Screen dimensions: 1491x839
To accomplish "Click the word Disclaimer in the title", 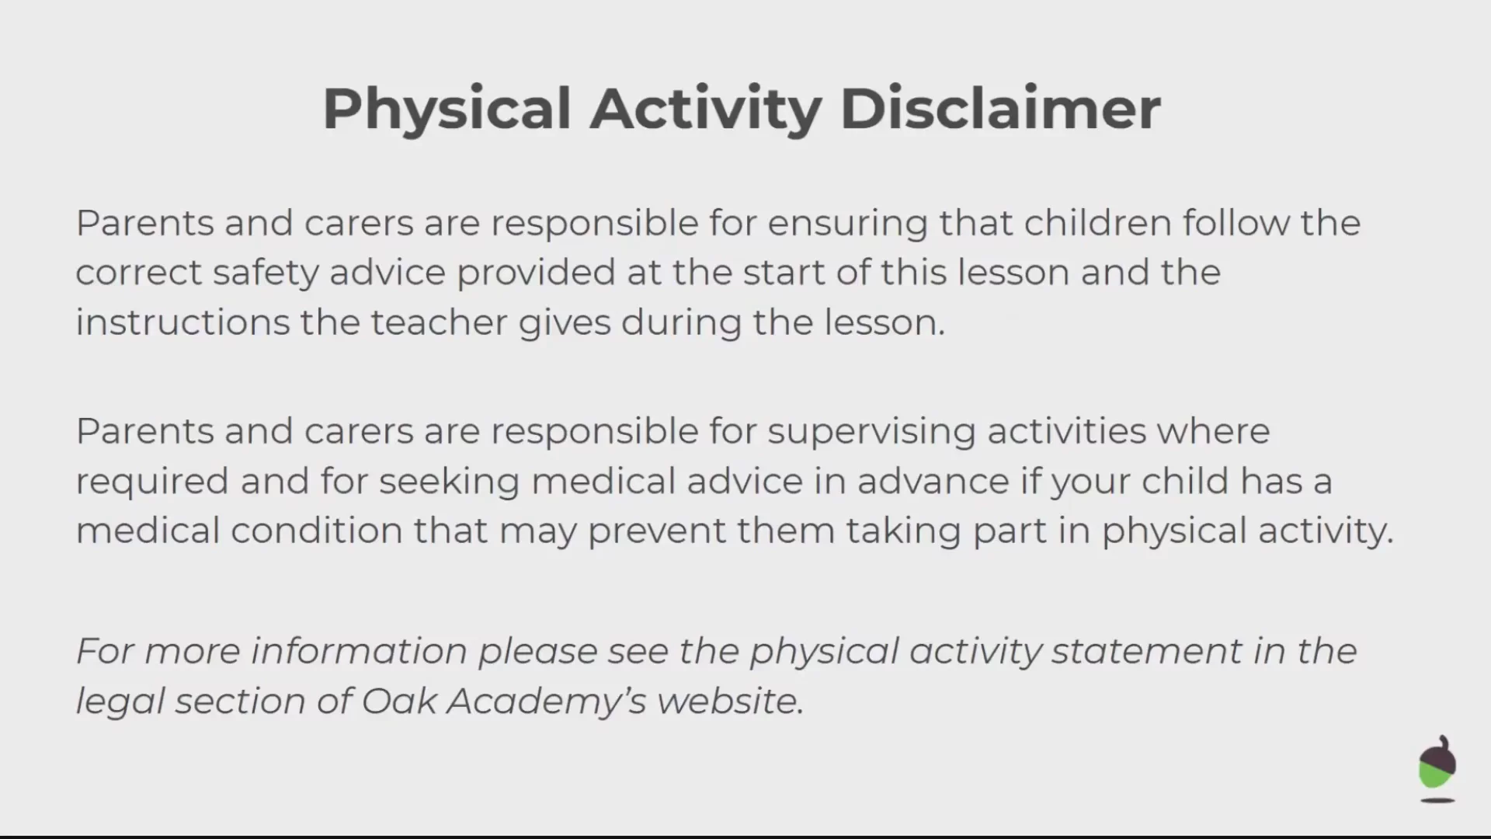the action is pyautogui.click(x=1000, y=108).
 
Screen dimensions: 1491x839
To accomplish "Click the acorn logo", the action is pyautogui.click(x=1437, y=768).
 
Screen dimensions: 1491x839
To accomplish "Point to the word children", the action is pyautogui.click(x=1098, y=223).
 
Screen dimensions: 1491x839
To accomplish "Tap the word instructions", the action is pyautogui.click(x=182, y=322).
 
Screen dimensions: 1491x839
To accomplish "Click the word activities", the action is pyautogui.click(x=1067, y=431).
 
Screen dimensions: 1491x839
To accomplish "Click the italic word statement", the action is pyautogui.click(x=1147, y=651).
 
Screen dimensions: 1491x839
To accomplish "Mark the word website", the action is pyautogui.click(x=730, y=701).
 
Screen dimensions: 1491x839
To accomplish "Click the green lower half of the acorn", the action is pyautogui.click(x=1434, y=775).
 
